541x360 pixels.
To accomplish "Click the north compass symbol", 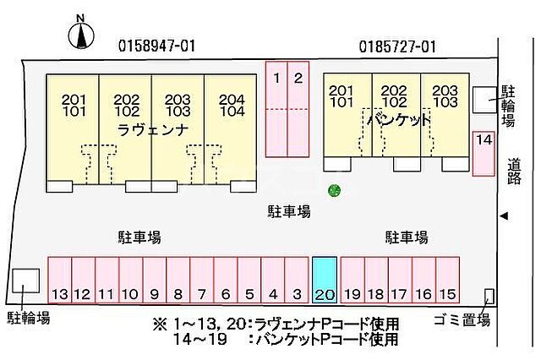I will click(x=81, y=34).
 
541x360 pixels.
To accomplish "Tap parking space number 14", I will click(x=483, y=153).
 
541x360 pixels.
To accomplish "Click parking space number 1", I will click(x=276, y=108).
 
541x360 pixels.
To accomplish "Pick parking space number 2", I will click(x=298, y=108).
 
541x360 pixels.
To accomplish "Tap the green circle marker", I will click(x=335, y=189).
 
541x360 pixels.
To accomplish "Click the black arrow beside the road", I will click(x=504, y=215).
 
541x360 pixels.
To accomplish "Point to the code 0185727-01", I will click(x=396, y=46).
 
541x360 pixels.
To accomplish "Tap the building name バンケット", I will click(x=399, y=120).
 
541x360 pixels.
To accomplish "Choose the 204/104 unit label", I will click(x=231, y=105).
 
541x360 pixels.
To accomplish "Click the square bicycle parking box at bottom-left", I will click(x=25, y=281).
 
